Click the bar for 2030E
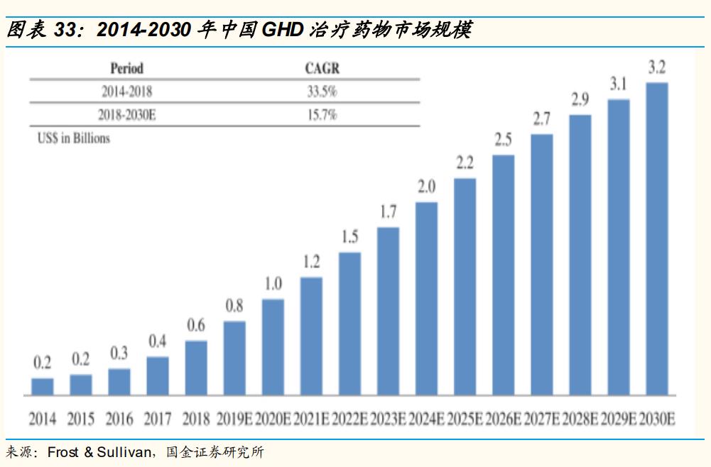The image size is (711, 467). pyautogui.click(x=657, y=238)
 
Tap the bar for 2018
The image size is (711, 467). pyautogui.click(x=196, y=368)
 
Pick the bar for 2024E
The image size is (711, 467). pyautogui.click(x=426, y=298)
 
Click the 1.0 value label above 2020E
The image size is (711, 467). pyautogui.click(x=273, y=284)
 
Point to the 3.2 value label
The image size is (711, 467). pyautogui.click(x=657, y=68)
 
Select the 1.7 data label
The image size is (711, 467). pyautogui.click(x=388, y=212)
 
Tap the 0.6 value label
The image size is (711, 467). pyautogui.click(x=196, y=325)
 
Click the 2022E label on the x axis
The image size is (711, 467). pyautogui.click(x=349, y=419)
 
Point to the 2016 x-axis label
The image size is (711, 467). pyautogui.click(x=119, y=419)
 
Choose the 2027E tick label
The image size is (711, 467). pyautogui.click(x=541, y=419)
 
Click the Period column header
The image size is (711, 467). pyautogui.click(x=126, y=69)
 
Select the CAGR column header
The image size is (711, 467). pyautogui.click(x=322, y=69)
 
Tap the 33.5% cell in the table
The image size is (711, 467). pyautogui.click(x=321, y=92)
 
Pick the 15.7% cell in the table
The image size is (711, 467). pyautogui.click(x=321, y=114)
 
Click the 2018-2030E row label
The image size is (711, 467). pyautogui.click(x=126, y=114)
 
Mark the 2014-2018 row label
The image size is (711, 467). pyautogui.click(x=126, y=92)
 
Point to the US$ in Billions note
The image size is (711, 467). pyautogui.click(x=74, y=138)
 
